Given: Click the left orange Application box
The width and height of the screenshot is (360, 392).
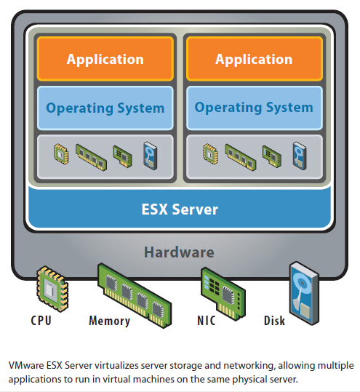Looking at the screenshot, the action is tap(105, 59).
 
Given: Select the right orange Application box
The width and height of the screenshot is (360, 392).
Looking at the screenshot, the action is tap(255, 59).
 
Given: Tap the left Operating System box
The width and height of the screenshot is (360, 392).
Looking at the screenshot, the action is tap(105, 108).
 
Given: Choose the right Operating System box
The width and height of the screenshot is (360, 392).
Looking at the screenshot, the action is tap(255, 108).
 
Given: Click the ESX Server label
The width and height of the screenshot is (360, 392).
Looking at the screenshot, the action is tap(180, 209).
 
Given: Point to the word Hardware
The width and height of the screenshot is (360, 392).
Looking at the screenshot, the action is tap(179, 252).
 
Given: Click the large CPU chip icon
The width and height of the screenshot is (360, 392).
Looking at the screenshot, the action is tap(52, 289).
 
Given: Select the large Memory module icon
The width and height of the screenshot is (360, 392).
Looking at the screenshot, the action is tap(135, 295).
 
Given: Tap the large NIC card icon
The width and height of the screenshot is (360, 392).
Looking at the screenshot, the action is tap(223, 294).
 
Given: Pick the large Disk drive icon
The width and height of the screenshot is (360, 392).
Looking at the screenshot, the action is tap(304, 293).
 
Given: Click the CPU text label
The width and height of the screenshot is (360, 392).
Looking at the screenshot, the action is tap(41, 321).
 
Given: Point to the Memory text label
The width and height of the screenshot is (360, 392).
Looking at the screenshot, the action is tap(110, 321).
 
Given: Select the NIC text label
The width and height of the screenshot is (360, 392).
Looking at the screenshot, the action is tap(207, 321).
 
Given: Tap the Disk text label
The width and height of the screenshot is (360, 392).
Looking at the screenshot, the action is tap(274, 321).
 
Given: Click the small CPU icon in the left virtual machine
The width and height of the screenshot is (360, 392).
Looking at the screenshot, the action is tap(61, 153).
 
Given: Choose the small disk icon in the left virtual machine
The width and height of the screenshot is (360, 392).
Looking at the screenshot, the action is tap(151, 156).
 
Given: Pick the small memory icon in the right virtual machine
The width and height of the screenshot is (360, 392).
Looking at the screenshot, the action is tap(241, 157).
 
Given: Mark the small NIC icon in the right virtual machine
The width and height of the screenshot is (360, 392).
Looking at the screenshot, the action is tap(272, 156).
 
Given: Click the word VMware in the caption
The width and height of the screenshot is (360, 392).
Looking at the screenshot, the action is tap(26, 366).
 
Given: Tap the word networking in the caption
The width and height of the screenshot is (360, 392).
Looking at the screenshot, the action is tap(249, 366).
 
